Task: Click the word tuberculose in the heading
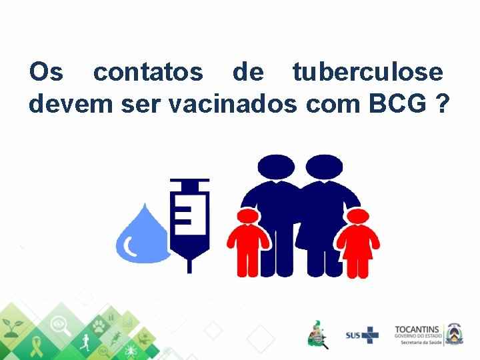point(367,72)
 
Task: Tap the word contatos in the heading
point(148,72)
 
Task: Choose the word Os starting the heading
point(45,72)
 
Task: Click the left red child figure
point(248,243)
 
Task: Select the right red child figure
point(358,243)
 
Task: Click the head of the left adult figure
point(276,167)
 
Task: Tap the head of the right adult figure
point(325,167)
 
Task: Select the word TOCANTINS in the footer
point(418,329)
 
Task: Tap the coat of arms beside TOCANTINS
point(455,333)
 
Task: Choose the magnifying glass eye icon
point(62,325)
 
